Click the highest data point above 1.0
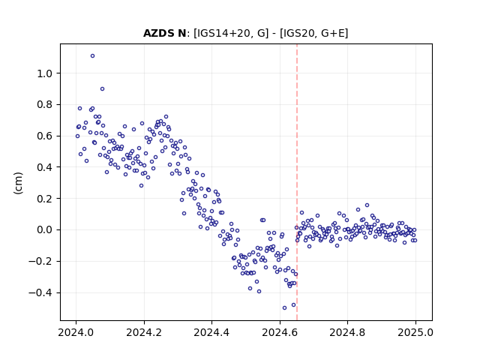pyautogui.click(x=92, y=56)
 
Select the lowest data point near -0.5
pyautogui.click(x=284, y=308)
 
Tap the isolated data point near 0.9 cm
pyautogui.click(x=102, y=89)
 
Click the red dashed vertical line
pyautogui.click(x=297, y=182)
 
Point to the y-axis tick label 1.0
pyautogui.click(x=44, y=73)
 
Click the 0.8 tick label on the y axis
pyautogui.click(x=44, y=105)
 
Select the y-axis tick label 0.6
pyautogui.click(x=44, y=136)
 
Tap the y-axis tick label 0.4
pyautogui.click(x=44, y=167)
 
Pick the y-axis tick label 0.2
pyautogui.click(x=44, y=199)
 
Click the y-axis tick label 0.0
pyautogui.click(x=44, y=230)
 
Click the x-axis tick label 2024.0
pyautogui.click(x=76, y=332)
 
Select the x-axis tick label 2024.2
pyautogui.click(x=144, y=332)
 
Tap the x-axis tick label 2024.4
pyautogui.click(x=211, y=332)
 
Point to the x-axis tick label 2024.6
pyautogui.click(x=280, y=332)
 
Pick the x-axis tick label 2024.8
pyautogui.click(x=347, y=332)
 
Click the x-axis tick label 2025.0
pyautogui.click(x=415, y=332)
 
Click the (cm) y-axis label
pyautogui.click(x=18, y=183)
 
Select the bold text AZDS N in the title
pyautogui.click(x=165, y=33)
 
